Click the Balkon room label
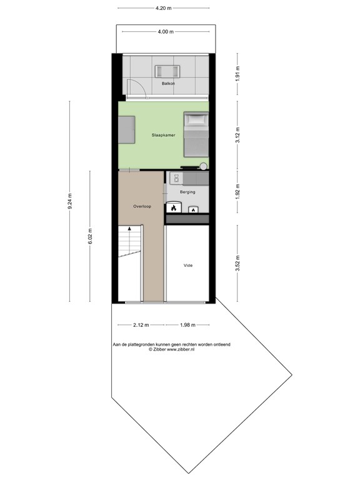pos(167,83)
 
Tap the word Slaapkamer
pos(163,135)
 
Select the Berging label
pos(187,192)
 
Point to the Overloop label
pos(141,206)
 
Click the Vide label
pos(187,266)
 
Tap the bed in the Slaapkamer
pos(196,134)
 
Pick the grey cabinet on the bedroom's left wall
pos(126,130)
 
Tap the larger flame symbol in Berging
pos(173,208)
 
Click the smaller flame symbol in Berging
pos(194,210)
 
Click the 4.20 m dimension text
pos(164,9)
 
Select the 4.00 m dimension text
pos(166,32)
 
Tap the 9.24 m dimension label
pos(71,203)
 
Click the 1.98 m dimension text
pos(187,325)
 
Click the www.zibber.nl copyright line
pos(171,350)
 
